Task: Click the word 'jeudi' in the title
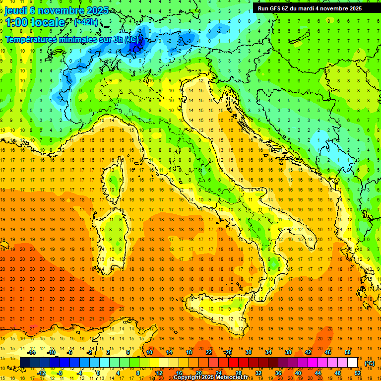[17, 10]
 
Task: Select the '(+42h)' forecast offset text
[86, 22]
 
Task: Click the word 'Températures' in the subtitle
[33, 39]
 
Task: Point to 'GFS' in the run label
[276, 8]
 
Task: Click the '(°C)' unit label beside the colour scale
[370, 363]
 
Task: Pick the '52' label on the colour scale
[358, 373]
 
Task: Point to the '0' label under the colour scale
[99, 373]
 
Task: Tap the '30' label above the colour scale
[248, 352]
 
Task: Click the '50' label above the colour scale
[347, 352]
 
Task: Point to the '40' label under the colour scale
[298, 373]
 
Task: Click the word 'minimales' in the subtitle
[82, 39]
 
